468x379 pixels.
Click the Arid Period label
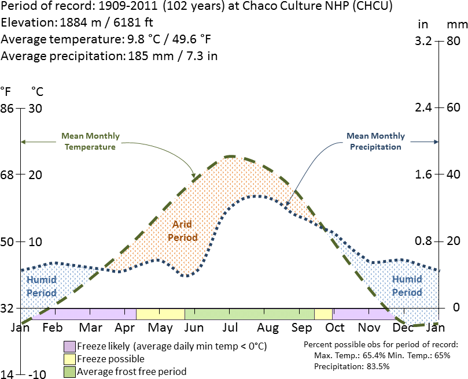pos(182,231)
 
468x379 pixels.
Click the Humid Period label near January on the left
pos(42,285)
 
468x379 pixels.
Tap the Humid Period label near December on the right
pos(407,285)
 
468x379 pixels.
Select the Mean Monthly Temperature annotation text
pos(90,142)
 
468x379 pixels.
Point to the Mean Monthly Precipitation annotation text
pos(375,142)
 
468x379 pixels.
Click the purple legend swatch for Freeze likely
pos(69,347)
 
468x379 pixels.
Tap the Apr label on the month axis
pos(126,328)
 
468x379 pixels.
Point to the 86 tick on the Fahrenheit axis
pos(7,108)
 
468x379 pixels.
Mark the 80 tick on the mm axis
pos(453,42)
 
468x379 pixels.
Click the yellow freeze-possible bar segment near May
pos(160,314)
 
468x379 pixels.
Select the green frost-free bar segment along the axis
pos(249,314)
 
